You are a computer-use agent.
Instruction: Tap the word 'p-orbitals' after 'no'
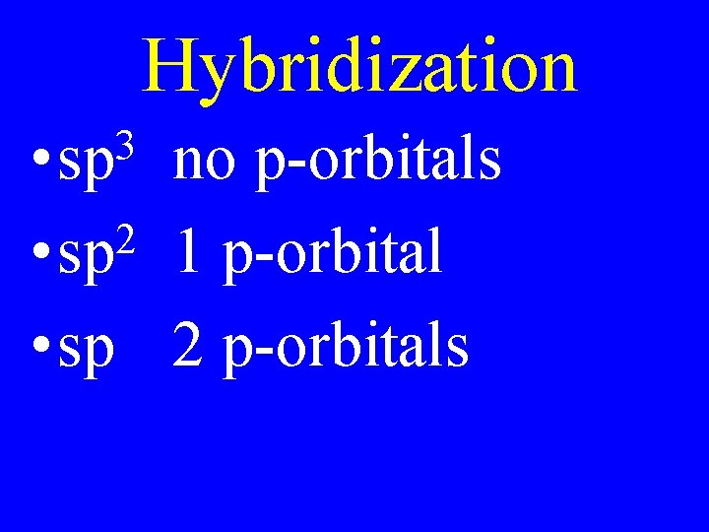pyautogui.click(x=377, y=163)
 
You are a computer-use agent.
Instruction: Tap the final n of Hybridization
pyautogui.click(x=555, y=73)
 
